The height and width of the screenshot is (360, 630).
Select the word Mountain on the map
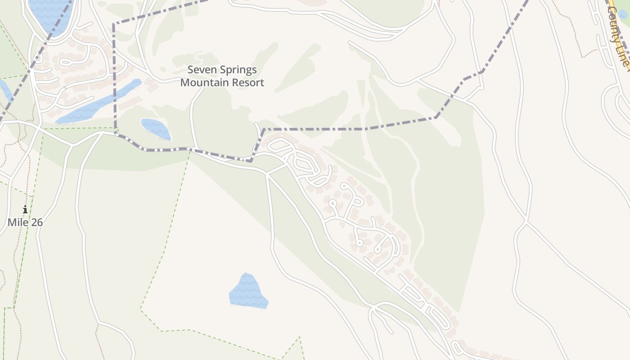click(200, 83)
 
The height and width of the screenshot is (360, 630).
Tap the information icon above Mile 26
click(25, 209)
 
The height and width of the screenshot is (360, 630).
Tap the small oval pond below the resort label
click(156, 129)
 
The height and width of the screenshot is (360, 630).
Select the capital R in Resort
click(234, 83)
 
